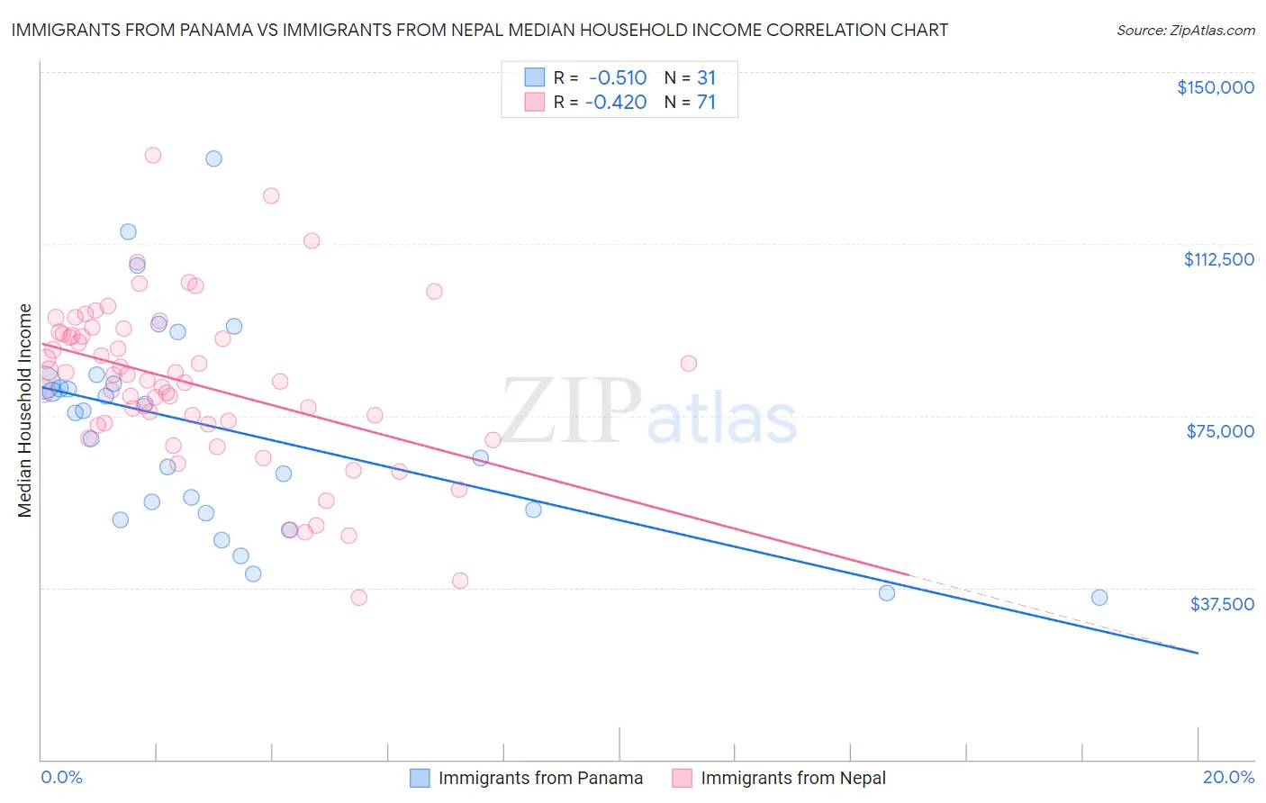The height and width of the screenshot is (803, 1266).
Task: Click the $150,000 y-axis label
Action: point(1215,87)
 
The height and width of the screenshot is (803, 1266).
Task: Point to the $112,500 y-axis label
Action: point(1218,259)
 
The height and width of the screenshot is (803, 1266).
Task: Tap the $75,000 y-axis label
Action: point(1220,431)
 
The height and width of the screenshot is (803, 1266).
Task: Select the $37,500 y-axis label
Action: point(1221,603)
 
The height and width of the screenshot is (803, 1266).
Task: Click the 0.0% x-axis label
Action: point(61,777)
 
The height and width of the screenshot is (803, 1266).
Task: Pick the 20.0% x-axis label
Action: point(1228,777)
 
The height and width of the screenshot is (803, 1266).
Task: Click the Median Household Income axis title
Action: point(25,411)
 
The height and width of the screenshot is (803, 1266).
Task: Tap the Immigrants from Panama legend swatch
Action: point(420,778)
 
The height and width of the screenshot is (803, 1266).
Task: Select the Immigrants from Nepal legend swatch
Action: point(683,778)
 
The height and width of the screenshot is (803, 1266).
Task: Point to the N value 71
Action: point(706,102)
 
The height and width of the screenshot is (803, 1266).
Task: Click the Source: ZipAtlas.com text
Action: point(1185,30)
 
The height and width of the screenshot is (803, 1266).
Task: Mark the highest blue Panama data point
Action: point(213,158)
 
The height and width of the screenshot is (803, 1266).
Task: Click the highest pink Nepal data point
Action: point(153,155)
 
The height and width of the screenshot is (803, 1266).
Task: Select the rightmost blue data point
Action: point(1099,597)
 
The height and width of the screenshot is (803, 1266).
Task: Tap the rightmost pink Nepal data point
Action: point(689,364)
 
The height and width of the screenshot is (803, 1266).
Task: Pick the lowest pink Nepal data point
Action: point(358,597)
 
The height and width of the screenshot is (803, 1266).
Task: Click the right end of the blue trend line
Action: point(1198,653)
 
